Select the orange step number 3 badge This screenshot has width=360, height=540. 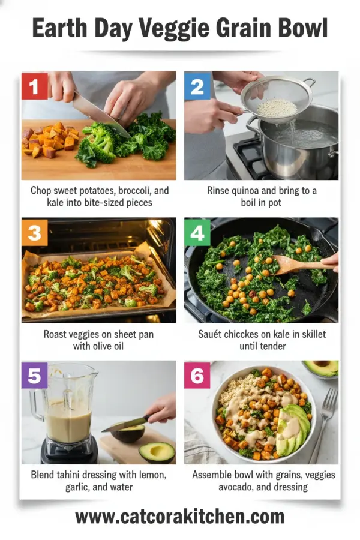pyautogui.click(x=35, y=231)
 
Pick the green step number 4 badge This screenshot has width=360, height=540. pyautogui.click(x=197, y=231)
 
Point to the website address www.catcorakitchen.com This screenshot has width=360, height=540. pyautogui.click(x=180, y=517)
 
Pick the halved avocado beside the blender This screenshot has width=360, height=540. pyautogui.click(x=157, y=451)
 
